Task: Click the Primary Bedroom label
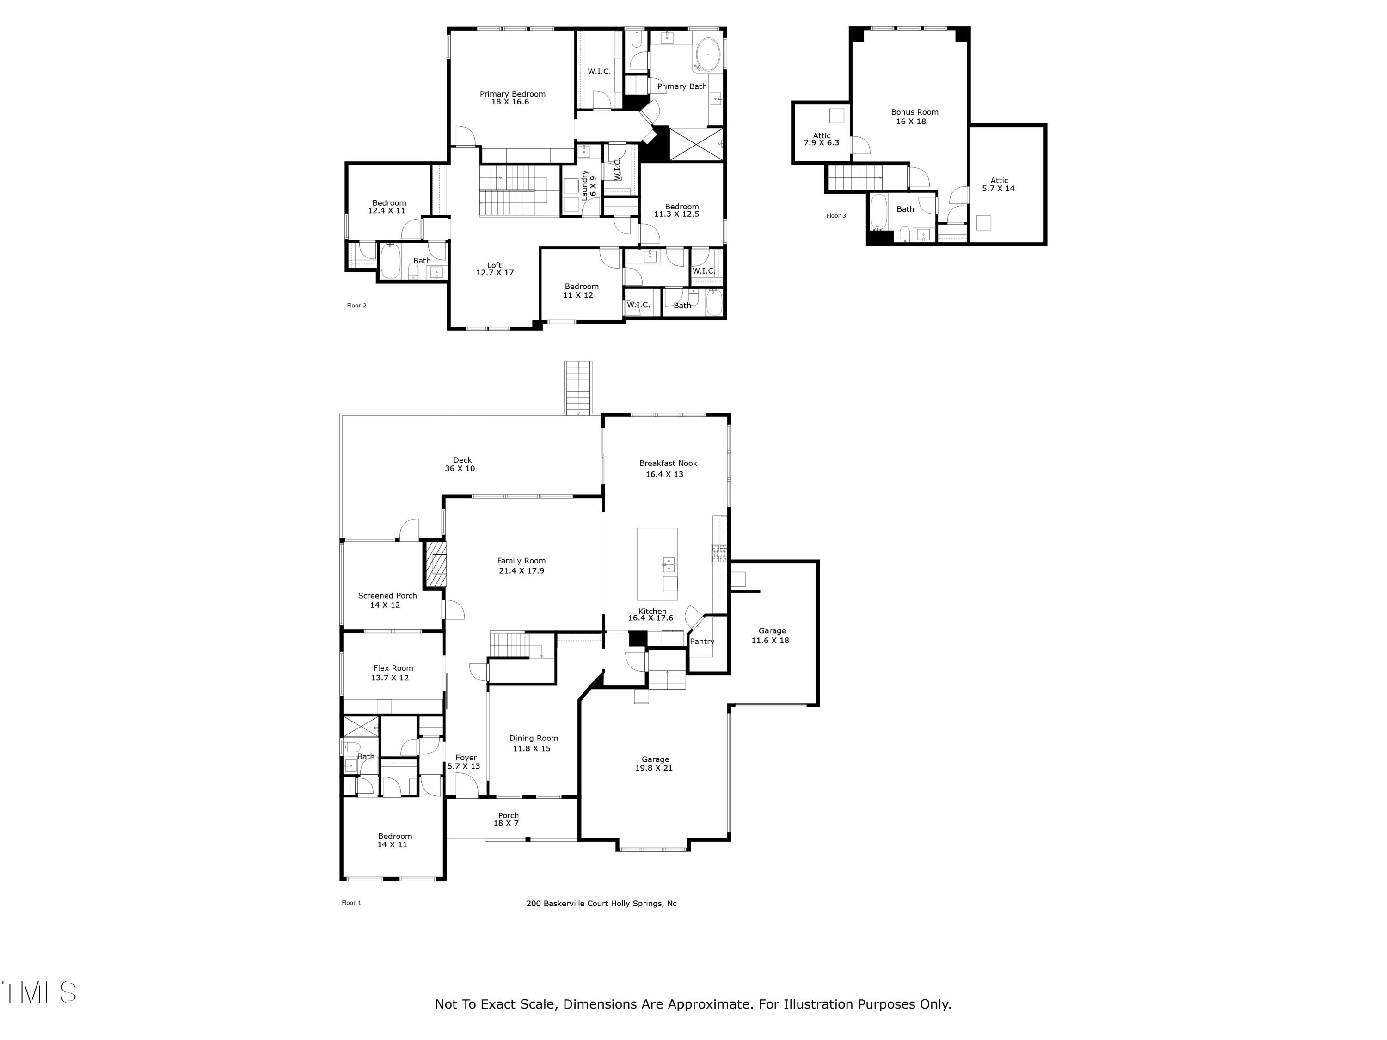pyautogui.click(x=512, y=94)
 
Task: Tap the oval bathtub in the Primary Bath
pyautogui.click(x=708, y=55)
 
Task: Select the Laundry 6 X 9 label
pyautogui.click(x=588, y=185)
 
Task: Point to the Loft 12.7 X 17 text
pyautogui.click(x=495, y=269)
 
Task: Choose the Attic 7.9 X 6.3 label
pyautogui.click(x=822, y=139)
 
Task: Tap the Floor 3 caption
pyautogui.click(x=836, y=216)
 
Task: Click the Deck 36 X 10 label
pyautogui.click(x=461, y=465)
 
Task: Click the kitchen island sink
pyautogui.click(x=669, y=564)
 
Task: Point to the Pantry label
pyautogui.click(x=702, y=641)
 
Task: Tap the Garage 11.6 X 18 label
pyautogui.click(x=771, y=636)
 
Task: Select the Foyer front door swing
pyautogui.click(x=466, y=785)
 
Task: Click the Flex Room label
pyautogui.click(x=393, y=668)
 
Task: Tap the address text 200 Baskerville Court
pyautogui.click(x=601, y=903)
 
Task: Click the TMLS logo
pyautogui.click(x=39, y=992)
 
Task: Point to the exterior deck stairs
pyautogui.click(x=578, y=387)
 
